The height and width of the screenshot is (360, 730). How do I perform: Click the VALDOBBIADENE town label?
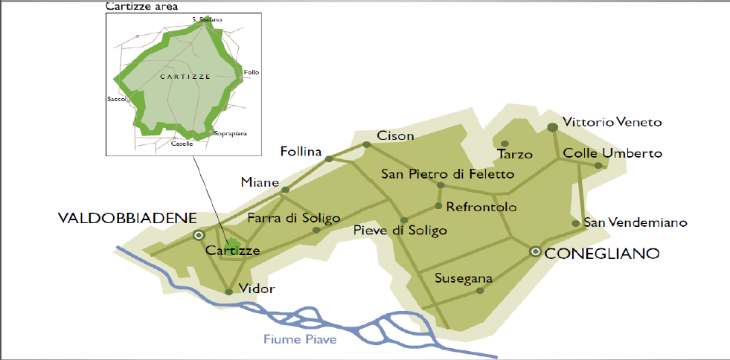pos(127,218)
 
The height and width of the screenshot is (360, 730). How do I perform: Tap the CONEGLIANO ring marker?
pos(535,251)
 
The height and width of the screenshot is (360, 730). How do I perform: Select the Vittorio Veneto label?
pos(612,122)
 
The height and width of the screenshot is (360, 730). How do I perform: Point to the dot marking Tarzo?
pos(505,144)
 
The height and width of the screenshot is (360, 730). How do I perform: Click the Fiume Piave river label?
pos(300,340)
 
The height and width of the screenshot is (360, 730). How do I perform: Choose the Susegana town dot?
pos(480,291)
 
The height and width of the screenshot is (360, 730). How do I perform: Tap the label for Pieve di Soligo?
pos(401,231)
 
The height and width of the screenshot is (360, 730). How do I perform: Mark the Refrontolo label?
pos(481,207)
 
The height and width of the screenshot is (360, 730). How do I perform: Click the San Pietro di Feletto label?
pos(447,174)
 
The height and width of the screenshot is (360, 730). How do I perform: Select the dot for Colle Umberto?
pos(599,165)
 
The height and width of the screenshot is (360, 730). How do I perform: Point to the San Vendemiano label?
pos(635,222)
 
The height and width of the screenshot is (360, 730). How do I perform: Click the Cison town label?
pos(395,136)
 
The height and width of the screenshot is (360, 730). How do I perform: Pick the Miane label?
pos(260,182)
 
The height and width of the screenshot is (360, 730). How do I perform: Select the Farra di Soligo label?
pos(293,218)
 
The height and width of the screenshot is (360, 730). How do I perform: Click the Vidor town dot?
pos(228,292)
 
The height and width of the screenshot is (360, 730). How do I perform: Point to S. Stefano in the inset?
pos(206,18)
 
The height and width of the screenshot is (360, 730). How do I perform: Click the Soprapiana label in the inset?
pos(230,134)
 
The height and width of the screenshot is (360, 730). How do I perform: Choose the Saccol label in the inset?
pos(118,98)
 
